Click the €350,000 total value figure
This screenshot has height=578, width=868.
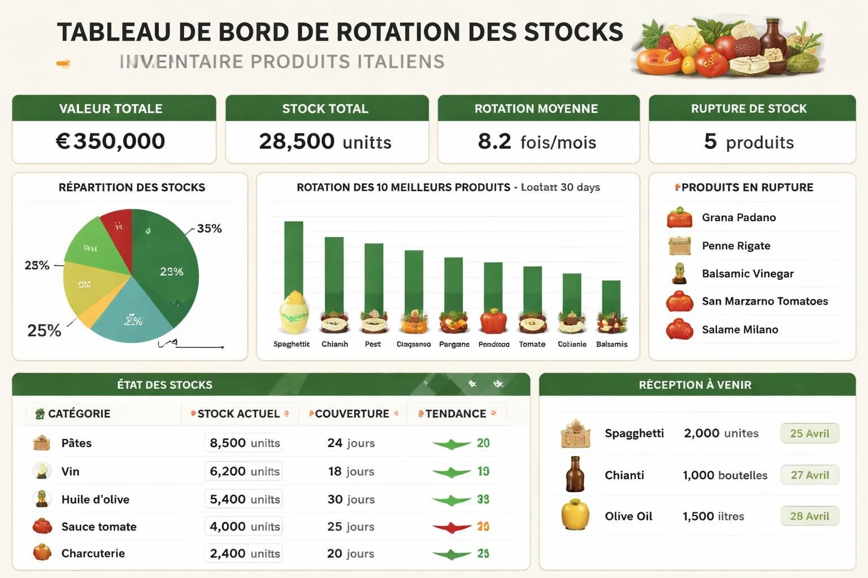click(x=111, y=141)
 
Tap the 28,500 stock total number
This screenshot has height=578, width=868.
click(x=297, y=141)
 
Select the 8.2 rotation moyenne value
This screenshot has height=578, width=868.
click(x=494, y=141)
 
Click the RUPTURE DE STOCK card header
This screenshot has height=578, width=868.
click(x=749, y=108)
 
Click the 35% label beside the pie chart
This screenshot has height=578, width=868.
click(x=209, y=229)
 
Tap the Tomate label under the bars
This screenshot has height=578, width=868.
click(x=532, y=344)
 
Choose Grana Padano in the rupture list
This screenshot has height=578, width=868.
click(x=739, y=217)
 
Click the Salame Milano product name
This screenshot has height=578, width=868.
click(x=740, y=330)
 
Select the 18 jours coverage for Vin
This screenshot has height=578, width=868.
click(x=351, y=471)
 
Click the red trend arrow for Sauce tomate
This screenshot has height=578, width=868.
click(x=452, y=528)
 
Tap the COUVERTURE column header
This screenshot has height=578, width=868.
click(x=351, y=414)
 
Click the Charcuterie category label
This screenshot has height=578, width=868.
click(x=93, y=554)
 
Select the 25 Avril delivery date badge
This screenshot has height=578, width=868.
click(x=809, y=433)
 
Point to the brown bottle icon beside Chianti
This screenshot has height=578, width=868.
click(x=575, y=474)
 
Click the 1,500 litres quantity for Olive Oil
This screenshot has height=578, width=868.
click(x=713, y=516)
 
